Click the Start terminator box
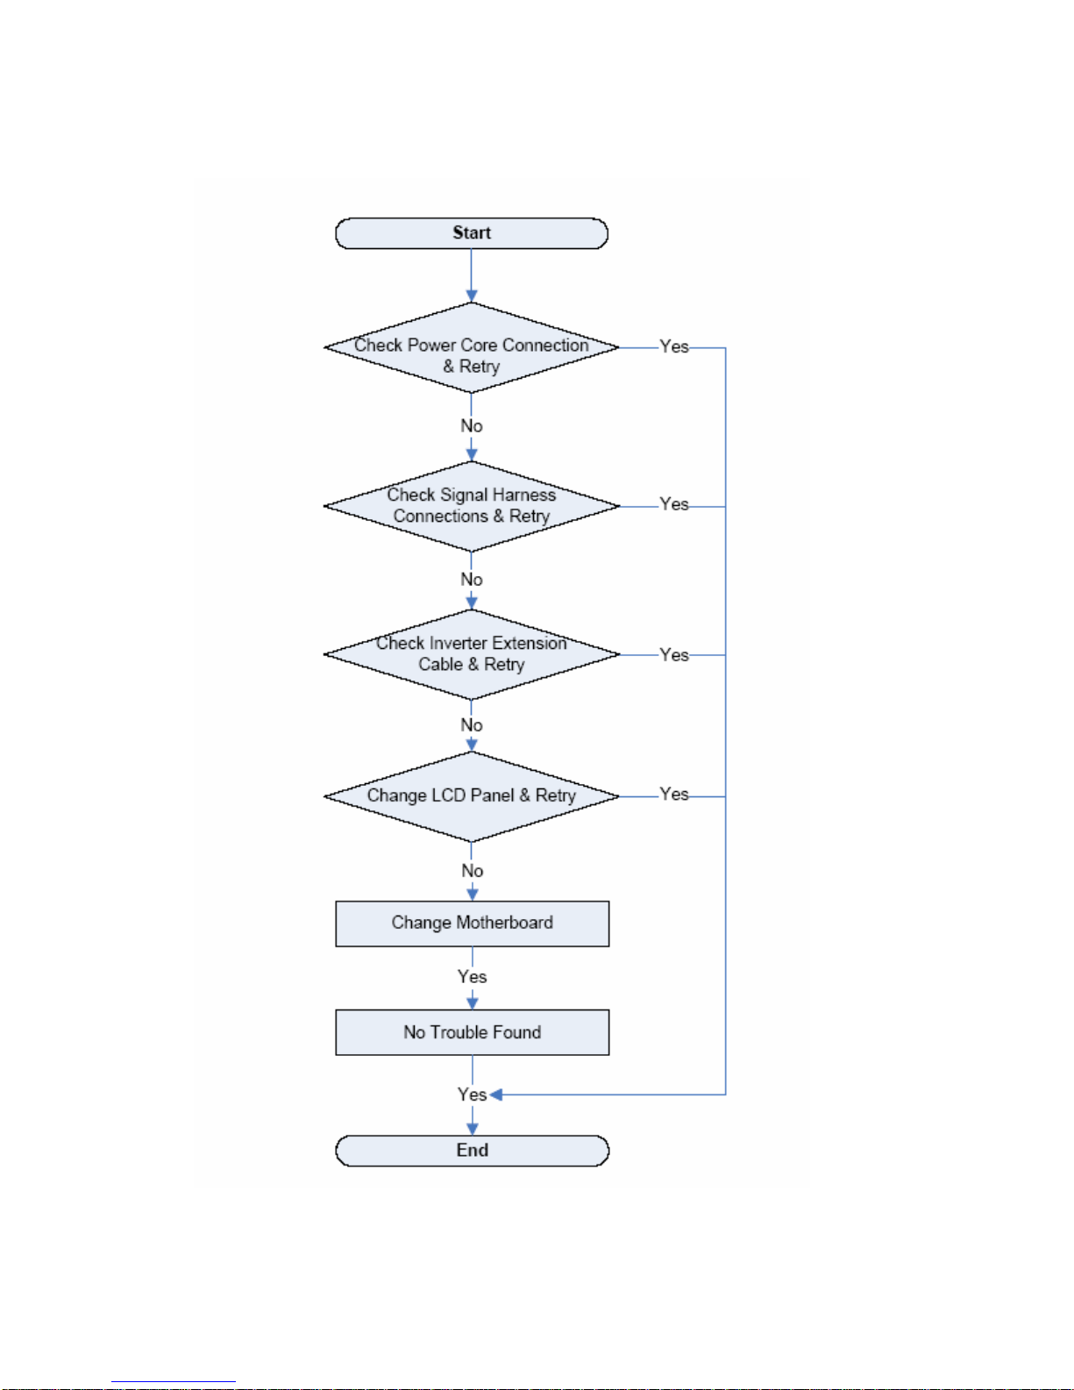pyautogui.click(x=471, y=233)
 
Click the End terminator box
pyautogui.click(x=472, y=1150)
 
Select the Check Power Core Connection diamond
pyautogui.click(x=471, y=347)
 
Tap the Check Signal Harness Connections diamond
pyautogui.click(x=471, y=506)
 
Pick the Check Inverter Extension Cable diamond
pyautogui.click(x=471, y=654)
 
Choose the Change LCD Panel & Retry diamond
pyautogui.click(x=471, y=796)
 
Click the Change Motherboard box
pyautogui.click(x=472, y=923)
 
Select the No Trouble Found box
pyautogui.click(x=472, y=1032)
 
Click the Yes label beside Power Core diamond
pyautogui.click(x=674, y=346)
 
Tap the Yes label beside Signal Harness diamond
pyautogui.click(x=674, y=504)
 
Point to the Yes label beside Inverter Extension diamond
pyautogui.click(x=674, y=655)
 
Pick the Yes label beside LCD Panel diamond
pyautogui.click(x=674, y=794)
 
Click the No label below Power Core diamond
pyautogui.click(x=472, y=426)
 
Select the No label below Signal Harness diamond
pyautogui.click(x=472, y=580)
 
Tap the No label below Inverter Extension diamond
pyautogui.click(x=472, y=725)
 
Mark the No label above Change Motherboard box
pyautogui.click(x=473, y=871)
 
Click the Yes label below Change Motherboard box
pyautogui.click(x=472, y=977)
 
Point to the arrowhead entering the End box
pyautogui.click(x=473, y=1129)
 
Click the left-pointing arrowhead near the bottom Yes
pyautogui.click(x=495, y=1094)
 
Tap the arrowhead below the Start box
pyautogui.click(x=471, y=296)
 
